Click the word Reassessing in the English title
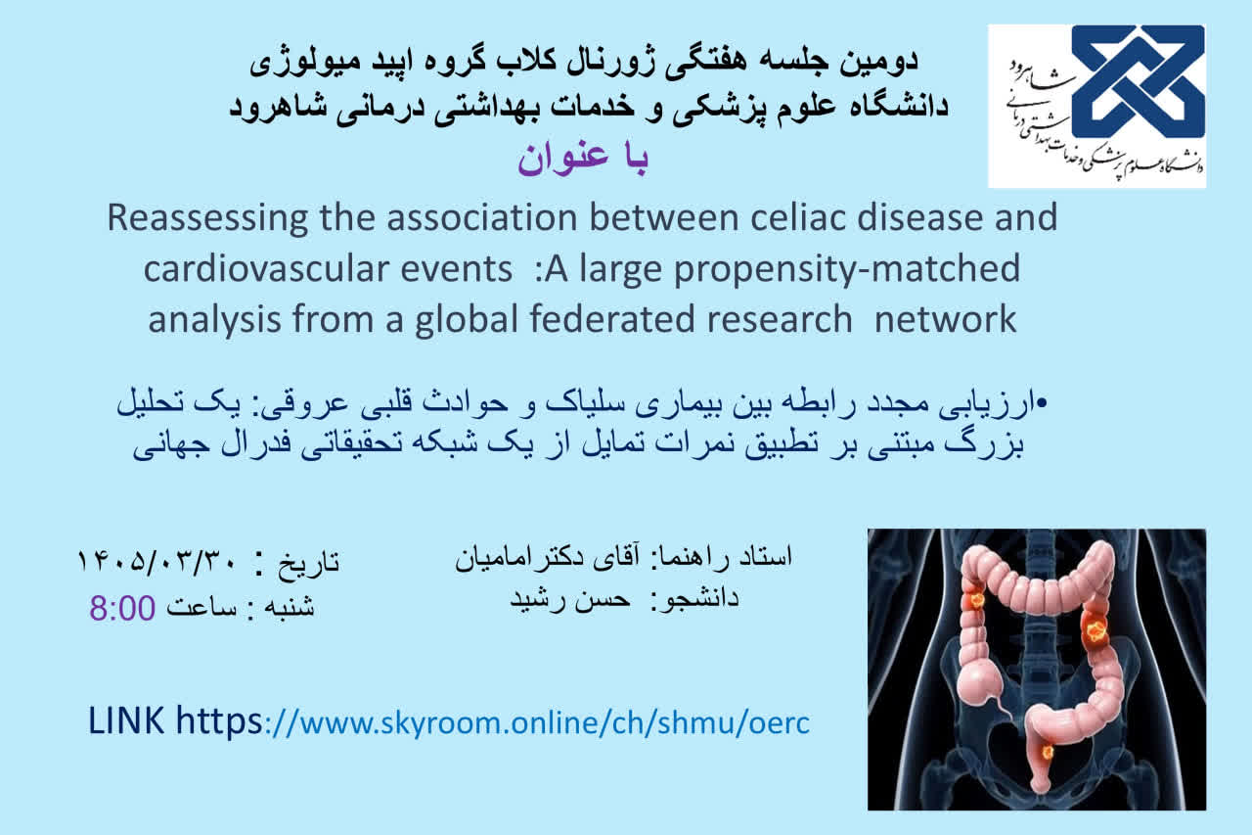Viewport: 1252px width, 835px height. [207, 219]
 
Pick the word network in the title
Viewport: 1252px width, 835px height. [945, 319]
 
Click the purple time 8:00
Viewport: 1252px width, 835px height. [122, 608]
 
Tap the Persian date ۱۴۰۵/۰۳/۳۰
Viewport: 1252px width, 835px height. [157, 561]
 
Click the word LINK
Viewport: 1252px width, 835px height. [126, 720]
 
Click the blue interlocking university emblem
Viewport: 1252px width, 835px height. [1138, 81]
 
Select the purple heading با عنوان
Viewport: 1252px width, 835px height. [582, 160]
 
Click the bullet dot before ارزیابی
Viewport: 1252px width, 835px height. [1041, 402]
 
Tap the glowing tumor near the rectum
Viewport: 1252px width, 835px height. [1048, 752]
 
